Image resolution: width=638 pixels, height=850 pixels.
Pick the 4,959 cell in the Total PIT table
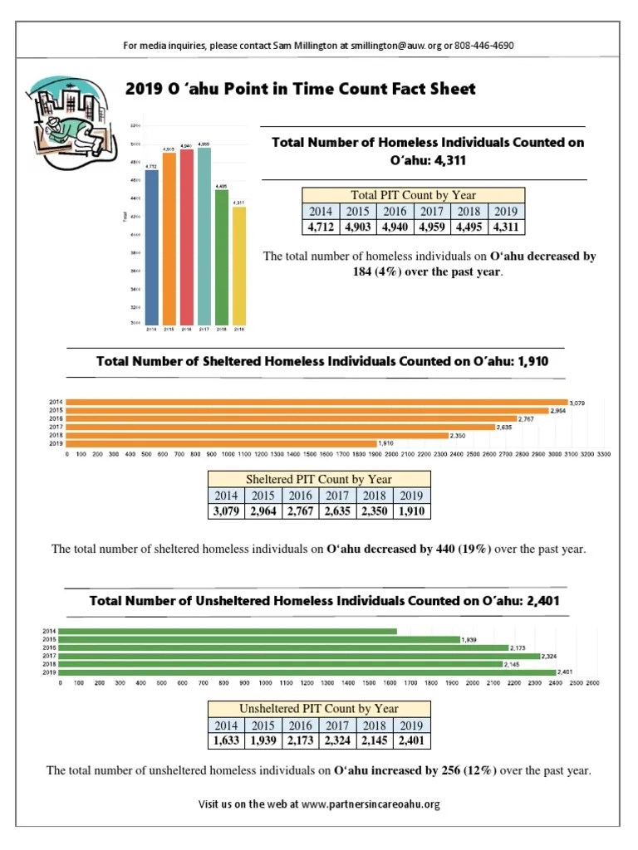431,227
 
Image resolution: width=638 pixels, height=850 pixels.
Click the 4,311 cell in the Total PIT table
505,227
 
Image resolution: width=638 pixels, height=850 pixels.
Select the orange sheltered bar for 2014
316,403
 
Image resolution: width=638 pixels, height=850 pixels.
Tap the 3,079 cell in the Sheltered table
225,510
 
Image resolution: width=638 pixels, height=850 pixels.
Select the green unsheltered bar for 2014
228,632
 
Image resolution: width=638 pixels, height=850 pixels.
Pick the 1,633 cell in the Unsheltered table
225,740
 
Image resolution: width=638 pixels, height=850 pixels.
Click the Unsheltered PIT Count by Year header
319,709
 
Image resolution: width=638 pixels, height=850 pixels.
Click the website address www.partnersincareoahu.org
370,804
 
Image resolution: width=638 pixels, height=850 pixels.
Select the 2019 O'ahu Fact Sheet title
300,89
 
